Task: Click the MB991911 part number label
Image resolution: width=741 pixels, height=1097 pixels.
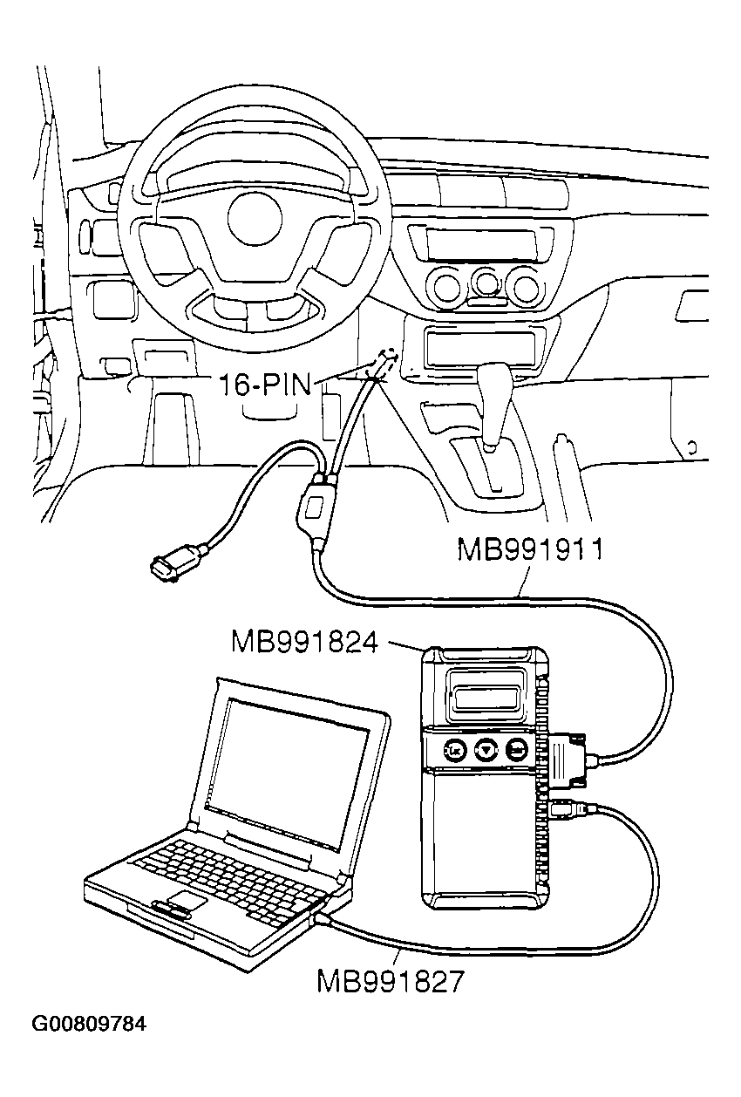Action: click(x=530, y=551)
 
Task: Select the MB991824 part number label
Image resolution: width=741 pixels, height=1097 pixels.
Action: click(x=304, y=643)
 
